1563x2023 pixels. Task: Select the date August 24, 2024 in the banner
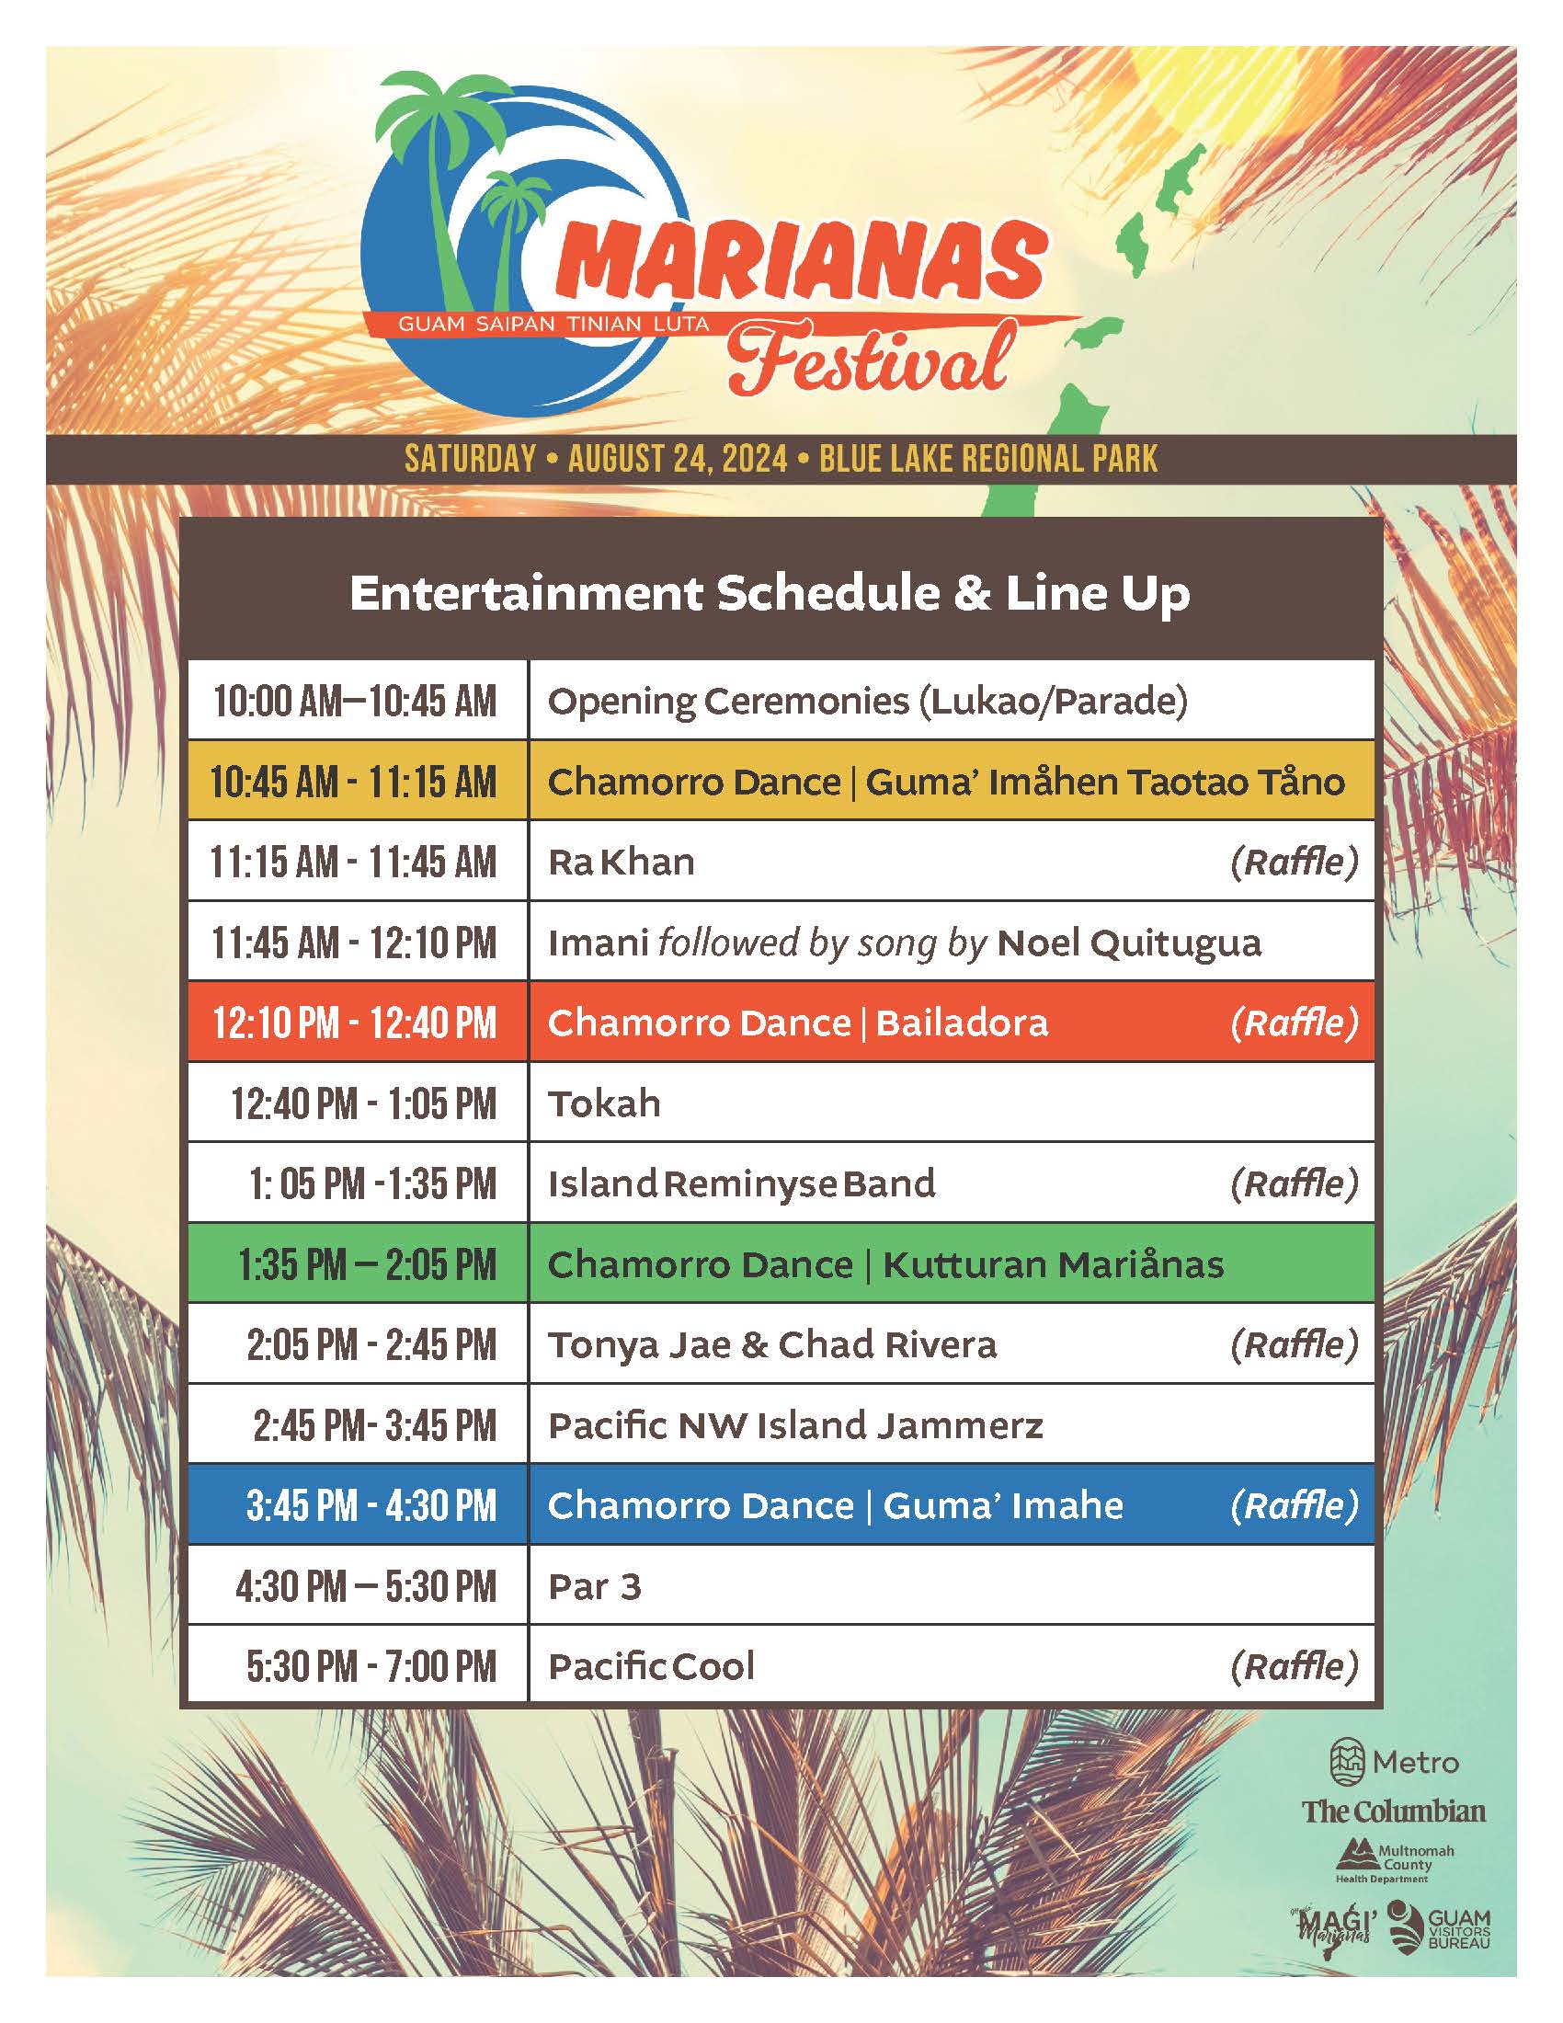click(678, 460)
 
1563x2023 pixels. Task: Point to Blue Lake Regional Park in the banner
click(988, 460)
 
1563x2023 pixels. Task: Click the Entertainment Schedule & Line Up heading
click(770, 594)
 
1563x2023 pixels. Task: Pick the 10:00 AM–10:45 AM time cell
click(355, 702)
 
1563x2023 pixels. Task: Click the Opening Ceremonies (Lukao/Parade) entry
click(868, 702)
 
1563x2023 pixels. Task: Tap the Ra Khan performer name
click(622, 863)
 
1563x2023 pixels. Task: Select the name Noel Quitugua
click(1130, 943)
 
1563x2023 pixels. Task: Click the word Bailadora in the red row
click(962, 1023)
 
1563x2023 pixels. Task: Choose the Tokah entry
click(605, 1104)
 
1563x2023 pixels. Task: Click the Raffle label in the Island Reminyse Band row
click(1295, 1184)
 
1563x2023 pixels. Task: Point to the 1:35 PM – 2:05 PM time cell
click(367, 1265)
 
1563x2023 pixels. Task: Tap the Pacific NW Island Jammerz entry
click(795, 1425)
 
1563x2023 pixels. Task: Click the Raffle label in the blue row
click(1295, 1506)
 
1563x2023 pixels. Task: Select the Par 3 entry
click(595, 1587)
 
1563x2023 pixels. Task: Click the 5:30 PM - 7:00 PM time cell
click(371, 1667)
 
